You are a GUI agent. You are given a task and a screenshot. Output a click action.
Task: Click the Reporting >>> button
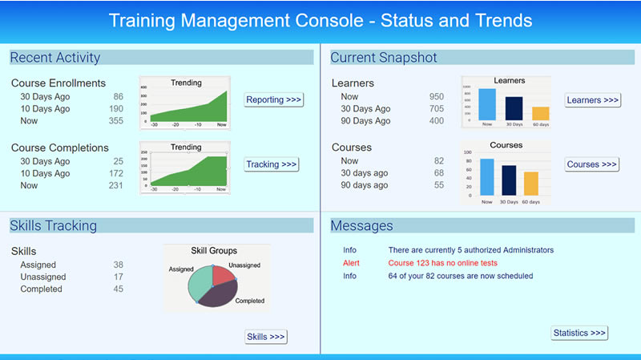[274, 100]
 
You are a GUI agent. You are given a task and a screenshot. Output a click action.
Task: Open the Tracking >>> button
[272, 164]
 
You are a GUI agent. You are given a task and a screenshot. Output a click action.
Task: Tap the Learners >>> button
[593, 100]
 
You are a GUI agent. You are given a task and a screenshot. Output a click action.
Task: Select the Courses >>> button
[592, 164]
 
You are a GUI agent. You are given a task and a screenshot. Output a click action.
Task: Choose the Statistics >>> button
[579, 333]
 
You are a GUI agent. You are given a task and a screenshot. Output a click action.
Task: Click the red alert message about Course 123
[442, 263]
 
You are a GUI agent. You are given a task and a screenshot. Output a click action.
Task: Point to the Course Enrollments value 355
[115, 121]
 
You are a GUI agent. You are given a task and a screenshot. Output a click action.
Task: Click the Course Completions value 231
[115, 185]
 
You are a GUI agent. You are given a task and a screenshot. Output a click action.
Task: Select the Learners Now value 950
[436, 97]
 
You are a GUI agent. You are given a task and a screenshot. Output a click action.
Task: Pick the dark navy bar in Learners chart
[514, 108]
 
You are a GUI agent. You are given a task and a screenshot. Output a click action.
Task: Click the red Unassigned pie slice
[225, 276]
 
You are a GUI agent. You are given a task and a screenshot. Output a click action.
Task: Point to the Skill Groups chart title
[214, 251]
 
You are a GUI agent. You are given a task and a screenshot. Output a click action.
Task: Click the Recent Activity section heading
[55, 58]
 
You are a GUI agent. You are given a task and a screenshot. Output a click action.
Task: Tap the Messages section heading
[361, 226]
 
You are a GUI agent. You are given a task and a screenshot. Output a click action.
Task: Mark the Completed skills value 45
[118, 289]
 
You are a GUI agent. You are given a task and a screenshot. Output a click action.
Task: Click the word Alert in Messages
[351, 263]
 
